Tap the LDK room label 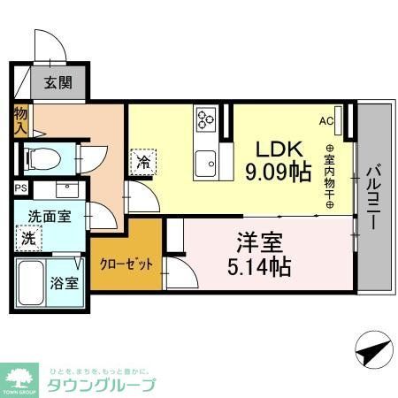280,147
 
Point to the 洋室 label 254,240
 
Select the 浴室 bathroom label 63,284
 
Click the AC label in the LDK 325,120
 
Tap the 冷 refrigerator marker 142,161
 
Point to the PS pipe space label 20,188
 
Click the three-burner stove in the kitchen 207,119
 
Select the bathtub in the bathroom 30,284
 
